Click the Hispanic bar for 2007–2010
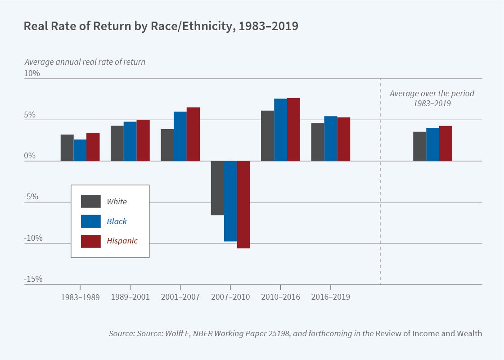click(x=243, y=204)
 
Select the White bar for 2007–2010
click(x=217, y=188)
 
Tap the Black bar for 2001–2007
click(x=180, y=136)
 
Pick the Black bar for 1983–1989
click(x=80, y=150)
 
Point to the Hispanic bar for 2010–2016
click(x=293, y=129)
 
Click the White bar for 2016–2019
click(x=317, y=142)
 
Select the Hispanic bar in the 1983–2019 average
click(x=445, y=143)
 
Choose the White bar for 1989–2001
click(x=117, y=143)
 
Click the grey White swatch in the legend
click(x=90, y=201)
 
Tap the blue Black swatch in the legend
click(x=90, y=221)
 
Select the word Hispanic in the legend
click(x=122, y=241)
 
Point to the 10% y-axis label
click(x=32, y=73)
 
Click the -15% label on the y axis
click(x=33, y=279)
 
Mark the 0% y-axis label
click(x=30, y=156)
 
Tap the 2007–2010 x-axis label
click(x=230, y=297)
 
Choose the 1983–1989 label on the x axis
click(x=80, y=297)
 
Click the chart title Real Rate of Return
click(x=161, y=26)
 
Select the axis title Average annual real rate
click(x=85, y=62)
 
